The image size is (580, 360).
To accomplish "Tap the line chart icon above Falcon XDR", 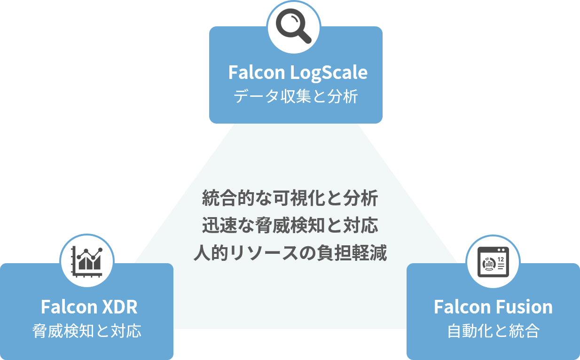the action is pyautogui.click(x=87, y=262).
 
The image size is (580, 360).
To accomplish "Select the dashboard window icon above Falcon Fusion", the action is pyautogui.click(x=493, y=262).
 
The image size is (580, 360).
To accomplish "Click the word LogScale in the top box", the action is pyautogui.click(x=329, y=72).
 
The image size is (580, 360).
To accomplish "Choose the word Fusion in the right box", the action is pyautogui.click(x=524, y=307).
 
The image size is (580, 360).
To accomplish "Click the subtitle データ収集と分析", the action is pyautogui.click(x=296, y=96).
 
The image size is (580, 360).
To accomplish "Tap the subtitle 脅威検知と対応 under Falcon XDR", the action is pyautogui.click(x=87, y=331).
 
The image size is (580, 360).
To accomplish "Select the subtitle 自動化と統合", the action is pyautogui.click(x=493, y=331).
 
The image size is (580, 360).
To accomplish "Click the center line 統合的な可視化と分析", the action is pyautogui.click(x=290, y=198).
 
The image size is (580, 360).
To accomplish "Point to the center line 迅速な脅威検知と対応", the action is pyautogui.click(x=290, y=225).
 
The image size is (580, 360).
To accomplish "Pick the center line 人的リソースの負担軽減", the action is pyautogui.click(x=290, y=252).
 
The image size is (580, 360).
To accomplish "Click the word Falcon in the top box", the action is pyautogui.click(x=257, y=72).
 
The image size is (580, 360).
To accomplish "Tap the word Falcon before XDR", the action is pyautogui.click(x=69, y=307).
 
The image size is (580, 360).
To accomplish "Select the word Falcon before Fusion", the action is pyautogui.click(x=462, y=307).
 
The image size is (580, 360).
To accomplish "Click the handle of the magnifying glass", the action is pyautogui.click(x=304, y=37).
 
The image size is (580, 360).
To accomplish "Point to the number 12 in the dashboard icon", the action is pyautogui.click(x=501, y=259).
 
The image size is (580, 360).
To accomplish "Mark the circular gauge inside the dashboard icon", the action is pyautogui.click(x=489, y=264).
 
